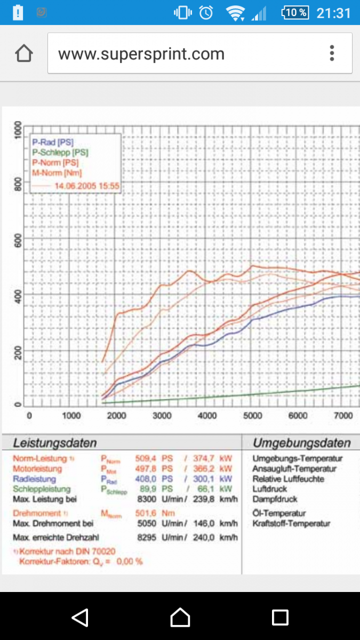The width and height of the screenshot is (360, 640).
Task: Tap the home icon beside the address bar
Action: (x=24, y=53)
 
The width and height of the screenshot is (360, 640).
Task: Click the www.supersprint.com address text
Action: (x=141, y=54)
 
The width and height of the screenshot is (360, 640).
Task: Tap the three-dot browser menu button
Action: (x=332, y=53)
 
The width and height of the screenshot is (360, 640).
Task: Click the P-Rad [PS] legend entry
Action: (x=53, y=142)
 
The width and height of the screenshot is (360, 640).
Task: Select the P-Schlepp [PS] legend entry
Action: (x=60, y=152)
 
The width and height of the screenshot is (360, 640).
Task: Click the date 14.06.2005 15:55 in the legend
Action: (x=86, y=186)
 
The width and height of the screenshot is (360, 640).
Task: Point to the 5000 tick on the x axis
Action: (x=253, y=416)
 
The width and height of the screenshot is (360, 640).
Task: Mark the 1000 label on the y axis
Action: (x=18, y=130)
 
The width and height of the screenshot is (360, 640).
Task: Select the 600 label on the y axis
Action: (x=18, y=242)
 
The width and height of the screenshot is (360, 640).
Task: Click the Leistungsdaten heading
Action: (x=55, y=443)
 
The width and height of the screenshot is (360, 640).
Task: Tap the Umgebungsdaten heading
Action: (x=301, y=443)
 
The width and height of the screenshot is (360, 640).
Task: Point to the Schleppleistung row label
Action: (x=42, y=489)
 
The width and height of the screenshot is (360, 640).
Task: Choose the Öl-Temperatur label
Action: (x=279, y=513)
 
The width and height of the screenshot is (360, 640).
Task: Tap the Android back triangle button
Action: (x=80, y=617)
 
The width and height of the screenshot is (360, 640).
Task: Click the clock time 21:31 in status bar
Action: (x=333, y=13)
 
